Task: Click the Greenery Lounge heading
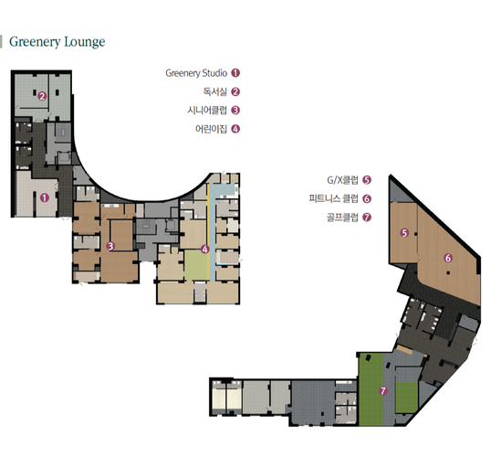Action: coord(57,42)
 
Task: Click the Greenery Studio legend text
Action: coord(196,73)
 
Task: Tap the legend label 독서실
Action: coord(214,91)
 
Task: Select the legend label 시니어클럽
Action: coord(207,110)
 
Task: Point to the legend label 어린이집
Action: coord(211,129)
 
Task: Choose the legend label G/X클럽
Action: coord(342,180)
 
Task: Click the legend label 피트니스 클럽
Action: coord(333,198)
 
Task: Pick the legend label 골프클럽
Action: coord(342,217)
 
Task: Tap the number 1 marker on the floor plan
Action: coord(45,197)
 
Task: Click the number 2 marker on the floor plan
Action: coord(42,96)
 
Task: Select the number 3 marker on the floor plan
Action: coord(110,246)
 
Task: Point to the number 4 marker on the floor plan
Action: coord(205,250)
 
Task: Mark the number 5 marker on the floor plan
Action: coord(404,233)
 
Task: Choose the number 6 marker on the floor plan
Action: coord(448,258)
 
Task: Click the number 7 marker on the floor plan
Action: coord(383,391)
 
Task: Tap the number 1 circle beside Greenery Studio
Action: coord(235,73)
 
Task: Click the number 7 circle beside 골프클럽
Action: coord(367,217)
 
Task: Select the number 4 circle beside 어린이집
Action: coord(235,129)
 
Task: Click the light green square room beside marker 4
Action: coord(195,265)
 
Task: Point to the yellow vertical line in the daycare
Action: coord(208,231)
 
